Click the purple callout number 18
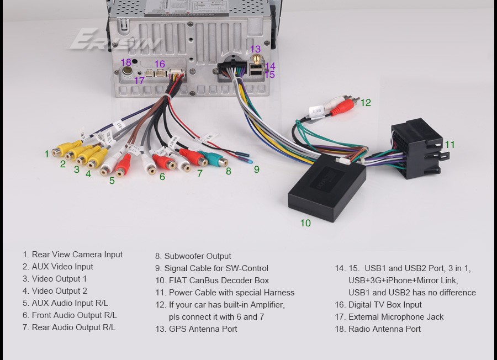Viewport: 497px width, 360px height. click(126, 62)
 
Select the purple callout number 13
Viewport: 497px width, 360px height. click(255, 49)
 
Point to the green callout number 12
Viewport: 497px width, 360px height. click(366, 102)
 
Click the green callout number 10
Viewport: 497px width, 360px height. click(305, 223)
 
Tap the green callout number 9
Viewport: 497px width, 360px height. click(256, 170)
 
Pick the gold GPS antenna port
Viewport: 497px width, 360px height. click(255, 61)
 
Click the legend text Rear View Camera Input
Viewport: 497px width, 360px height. click(77, 255)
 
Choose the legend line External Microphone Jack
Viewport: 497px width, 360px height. click(395, 317)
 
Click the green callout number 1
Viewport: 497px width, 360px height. click(47, 154)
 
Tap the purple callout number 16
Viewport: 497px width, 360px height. click(160, 64)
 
